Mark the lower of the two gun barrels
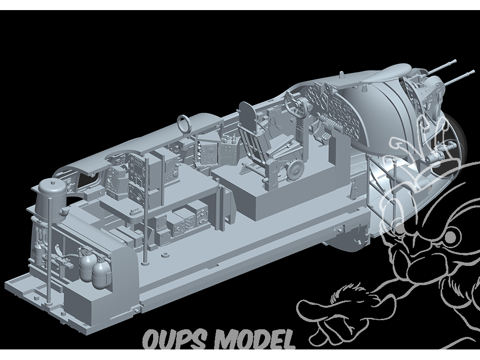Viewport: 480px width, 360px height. click(x=457, y=78)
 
